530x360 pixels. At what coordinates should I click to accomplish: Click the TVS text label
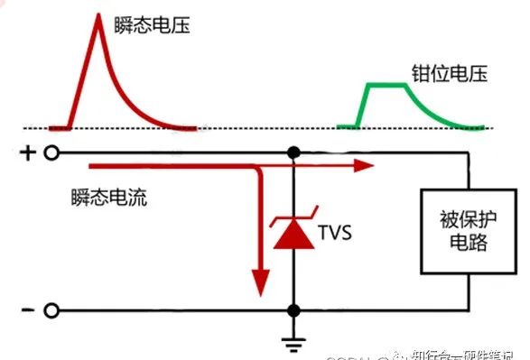(x=334, y=234)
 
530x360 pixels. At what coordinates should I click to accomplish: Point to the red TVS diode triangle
(x=293, y=235)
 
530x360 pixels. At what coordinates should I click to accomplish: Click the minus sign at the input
(x=26, y=310)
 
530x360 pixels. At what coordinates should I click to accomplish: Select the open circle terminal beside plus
(x=52, y=153)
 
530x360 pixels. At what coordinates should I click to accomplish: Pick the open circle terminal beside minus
(x=52, y=311)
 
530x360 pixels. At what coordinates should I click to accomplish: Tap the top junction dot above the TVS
(x=293, y=153)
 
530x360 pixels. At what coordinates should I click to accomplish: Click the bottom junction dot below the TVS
(x=293, y=311)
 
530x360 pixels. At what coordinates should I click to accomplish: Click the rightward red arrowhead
(x=363, y=166)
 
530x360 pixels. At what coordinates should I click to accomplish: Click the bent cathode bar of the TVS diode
(x=293, y=216)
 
